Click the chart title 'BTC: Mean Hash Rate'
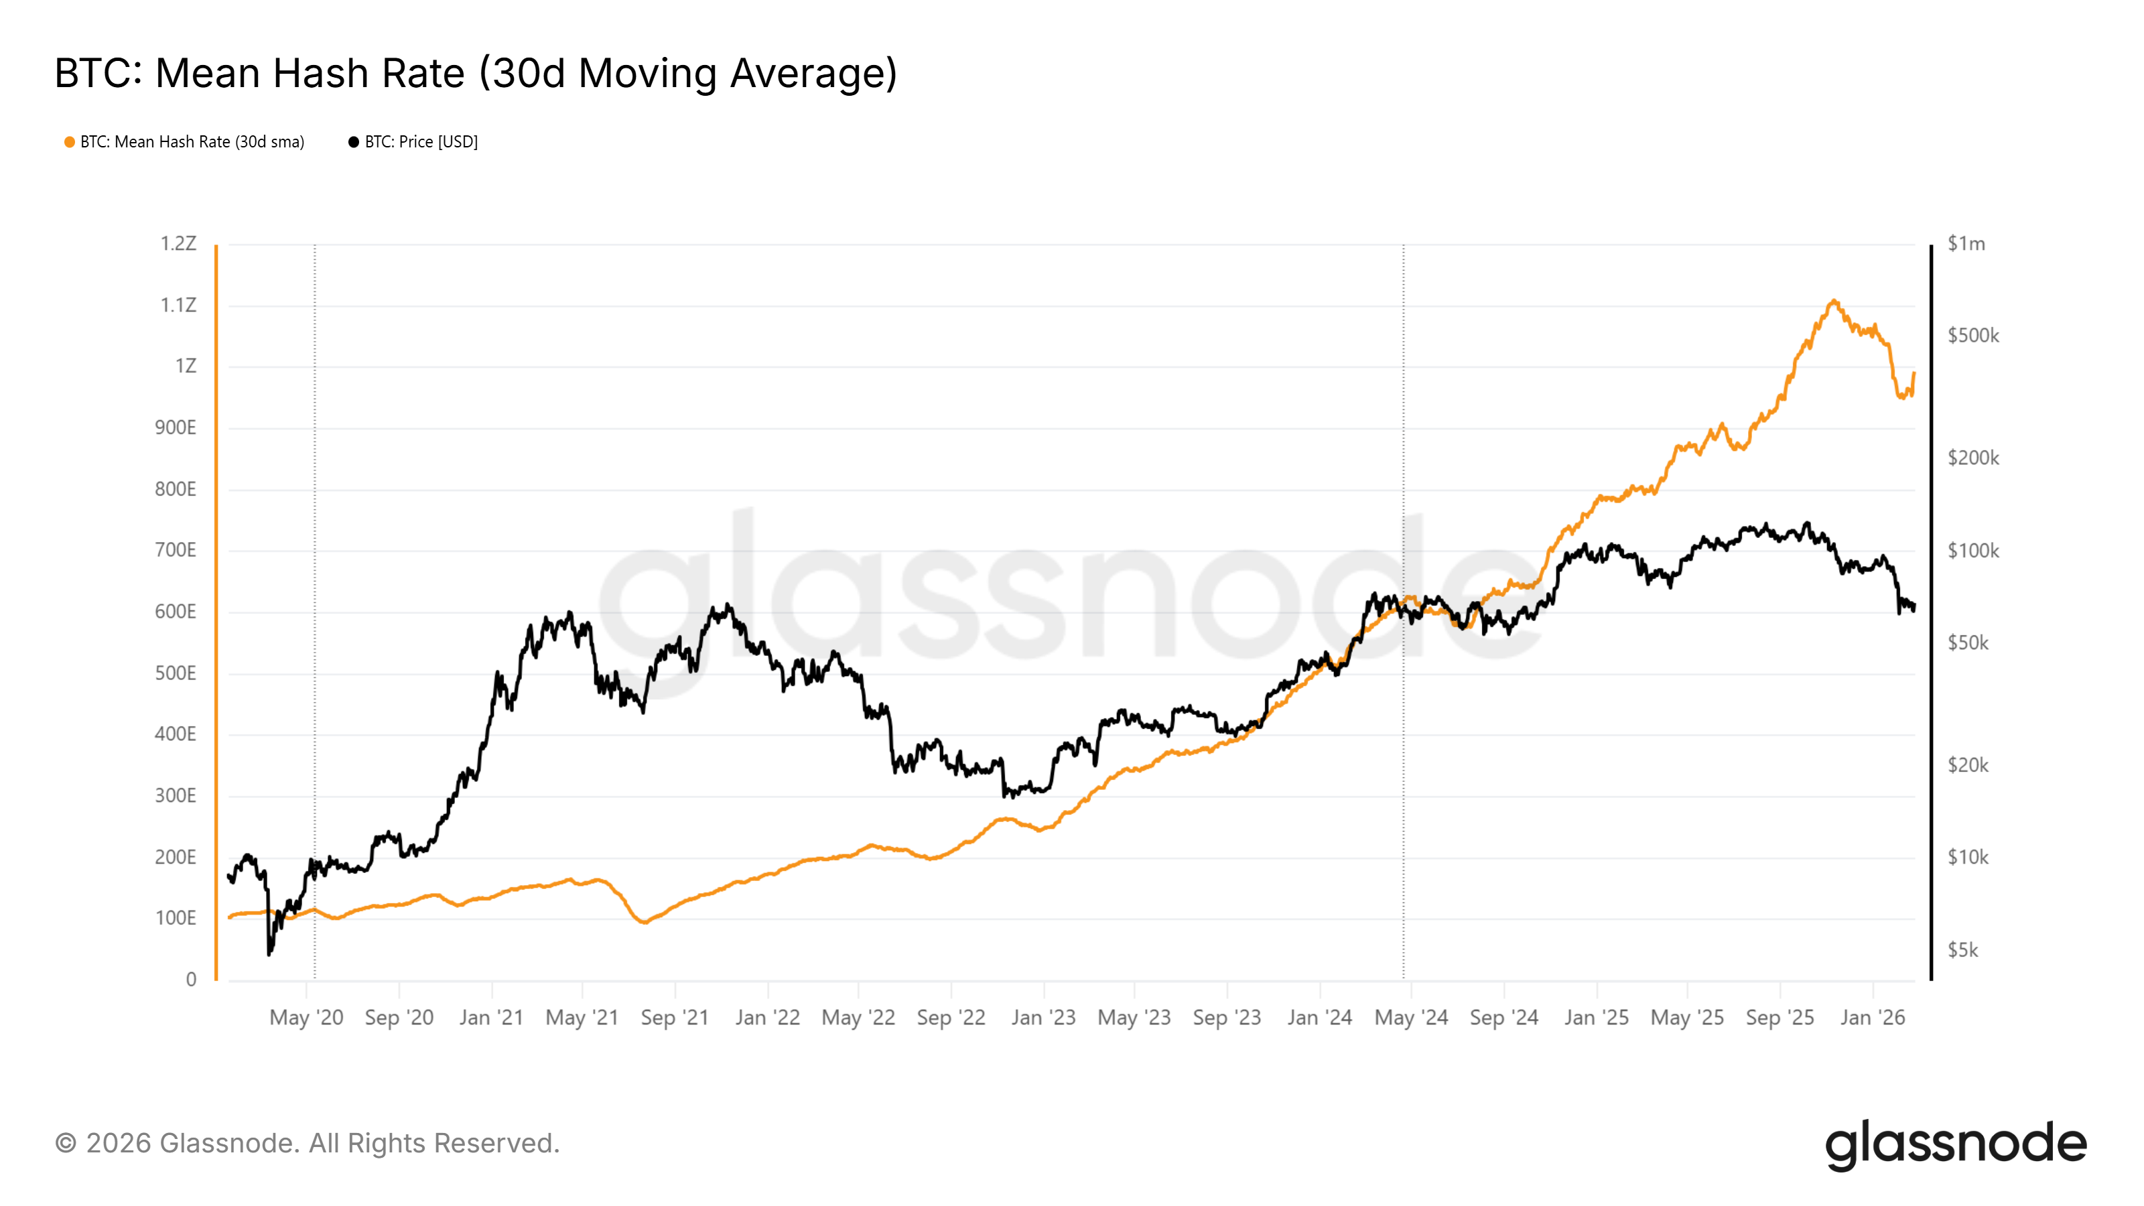[x=474, y=73]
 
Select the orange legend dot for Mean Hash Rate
[x=70, y=142]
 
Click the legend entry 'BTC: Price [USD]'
[x=420, y=142]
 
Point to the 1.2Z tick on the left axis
[x=178, y=244]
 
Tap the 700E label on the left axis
[x=175, y=550]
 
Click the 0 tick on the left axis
[x=190, y=980]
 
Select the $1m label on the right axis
[x=1966, y=244]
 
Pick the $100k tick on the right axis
[x=1972, y=551]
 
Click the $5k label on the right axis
[x=1962, y=951]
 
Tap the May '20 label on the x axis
[x=306, y=1018]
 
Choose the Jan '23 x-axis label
[x=1043, y=1018]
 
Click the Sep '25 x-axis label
[x=1780, y=1018]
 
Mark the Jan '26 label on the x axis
[x=1872, y=1018]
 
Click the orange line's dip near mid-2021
[x=644, y=922]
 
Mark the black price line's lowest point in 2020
[x=269, y=954]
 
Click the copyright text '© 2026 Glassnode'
[x=307, y=1144]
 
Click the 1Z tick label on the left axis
[x=186, y=366]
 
